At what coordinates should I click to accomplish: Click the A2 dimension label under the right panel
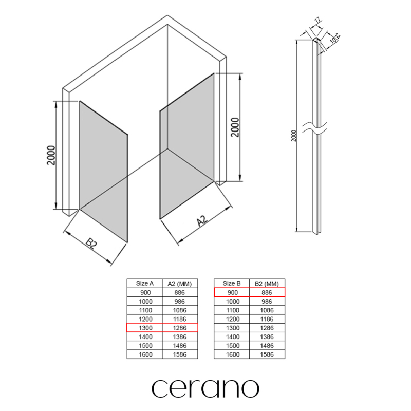[202, 221]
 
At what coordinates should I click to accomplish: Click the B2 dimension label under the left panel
[91, 244]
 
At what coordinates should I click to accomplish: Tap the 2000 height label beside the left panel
[51, 155]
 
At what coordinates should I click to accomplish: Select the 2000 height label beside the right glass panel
[235, 127]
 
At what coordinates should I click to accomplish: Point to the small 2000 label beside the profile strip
[293, 136]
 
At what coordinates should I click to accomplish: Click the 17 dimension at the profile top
[317, 20]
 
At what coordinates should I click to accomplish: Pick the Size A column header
[145, 284]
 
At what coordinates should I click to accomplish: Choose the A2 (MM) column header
[180, 284]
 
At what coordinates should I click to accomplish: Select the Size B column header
[232, 284]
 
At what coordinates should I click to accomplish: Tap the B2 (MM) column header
[267, 284]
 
